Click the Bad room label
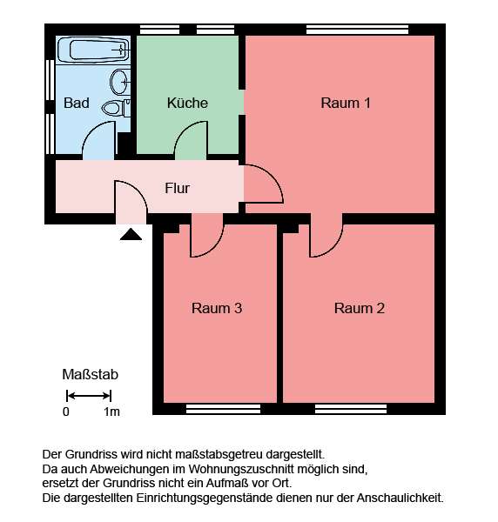pyautogui.click(x=77, y=103)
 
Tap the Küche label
pyautogui.click(x=187, y=103)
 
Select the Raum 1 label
pyautogui.click(x=346, y=103)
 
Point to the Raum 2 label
pyautogui.click(x=360, y=308)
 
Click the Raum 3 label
pyautogui.click(x=216, y=308)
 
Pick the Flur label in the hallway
pyautogui.click(x=177, y=187)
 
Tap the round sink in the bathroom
pyautogui.click(x=121, y=83)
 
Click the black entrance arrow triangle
pyautogui.click(x=131, y=233)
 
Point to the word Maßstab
pyautogui.click(x=90, y=375)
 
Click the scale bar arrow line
pyautogui.click(x=90, y=396)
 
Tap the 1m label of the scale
pyautogui.click(x=111, y=412)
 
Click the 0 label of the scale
pyautogui.click(x=66, y=412)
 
